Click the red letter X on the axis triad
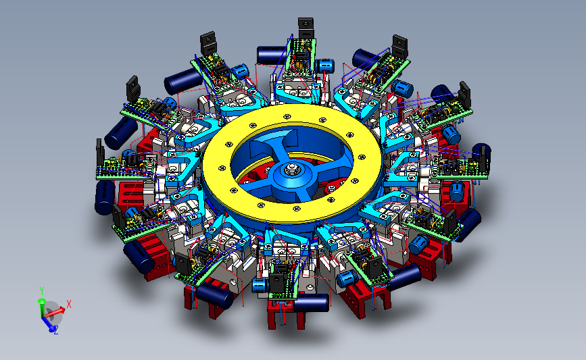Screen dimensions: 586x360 click(x=69, y=304)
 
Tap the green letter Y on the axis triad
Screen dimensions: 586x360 click(x=42, y=291)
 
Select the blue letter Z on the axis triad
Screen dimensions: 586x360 click(x=56, y=330)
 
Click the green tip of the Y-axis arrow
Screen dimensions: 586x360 click(x=41, y=301)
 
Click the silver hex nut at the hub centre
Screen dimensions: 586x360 click(x=291, y=170)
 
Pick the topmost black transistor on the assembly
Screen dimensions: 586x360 click(x=306, y=28)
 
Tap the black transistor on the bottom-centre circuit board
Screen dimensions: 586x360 click(x=277, y=283)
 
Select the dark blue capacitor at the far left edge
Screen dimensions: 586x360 click(x=104, y=197)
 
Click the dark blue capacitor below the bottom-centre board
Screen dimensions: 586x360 click(x=312, y=303)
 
